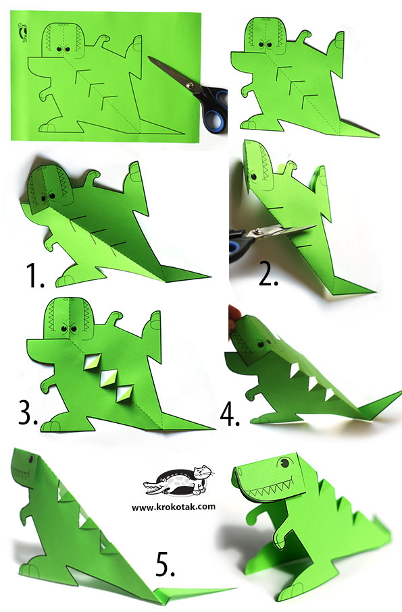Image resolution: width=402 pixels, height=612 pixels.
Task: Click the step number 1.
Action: pos(34,275)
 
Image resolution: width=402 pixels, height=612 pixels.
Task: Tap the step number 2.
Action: pos(268,275)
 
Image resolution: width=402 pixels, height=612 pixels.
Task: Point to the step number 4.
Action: pos(230,413)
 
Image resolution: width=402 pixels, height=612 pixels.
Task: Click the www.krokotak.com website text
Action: pos(174,507)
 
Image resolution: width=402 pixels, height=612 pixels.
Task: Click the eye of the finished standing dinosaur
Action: pos(284,463)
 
